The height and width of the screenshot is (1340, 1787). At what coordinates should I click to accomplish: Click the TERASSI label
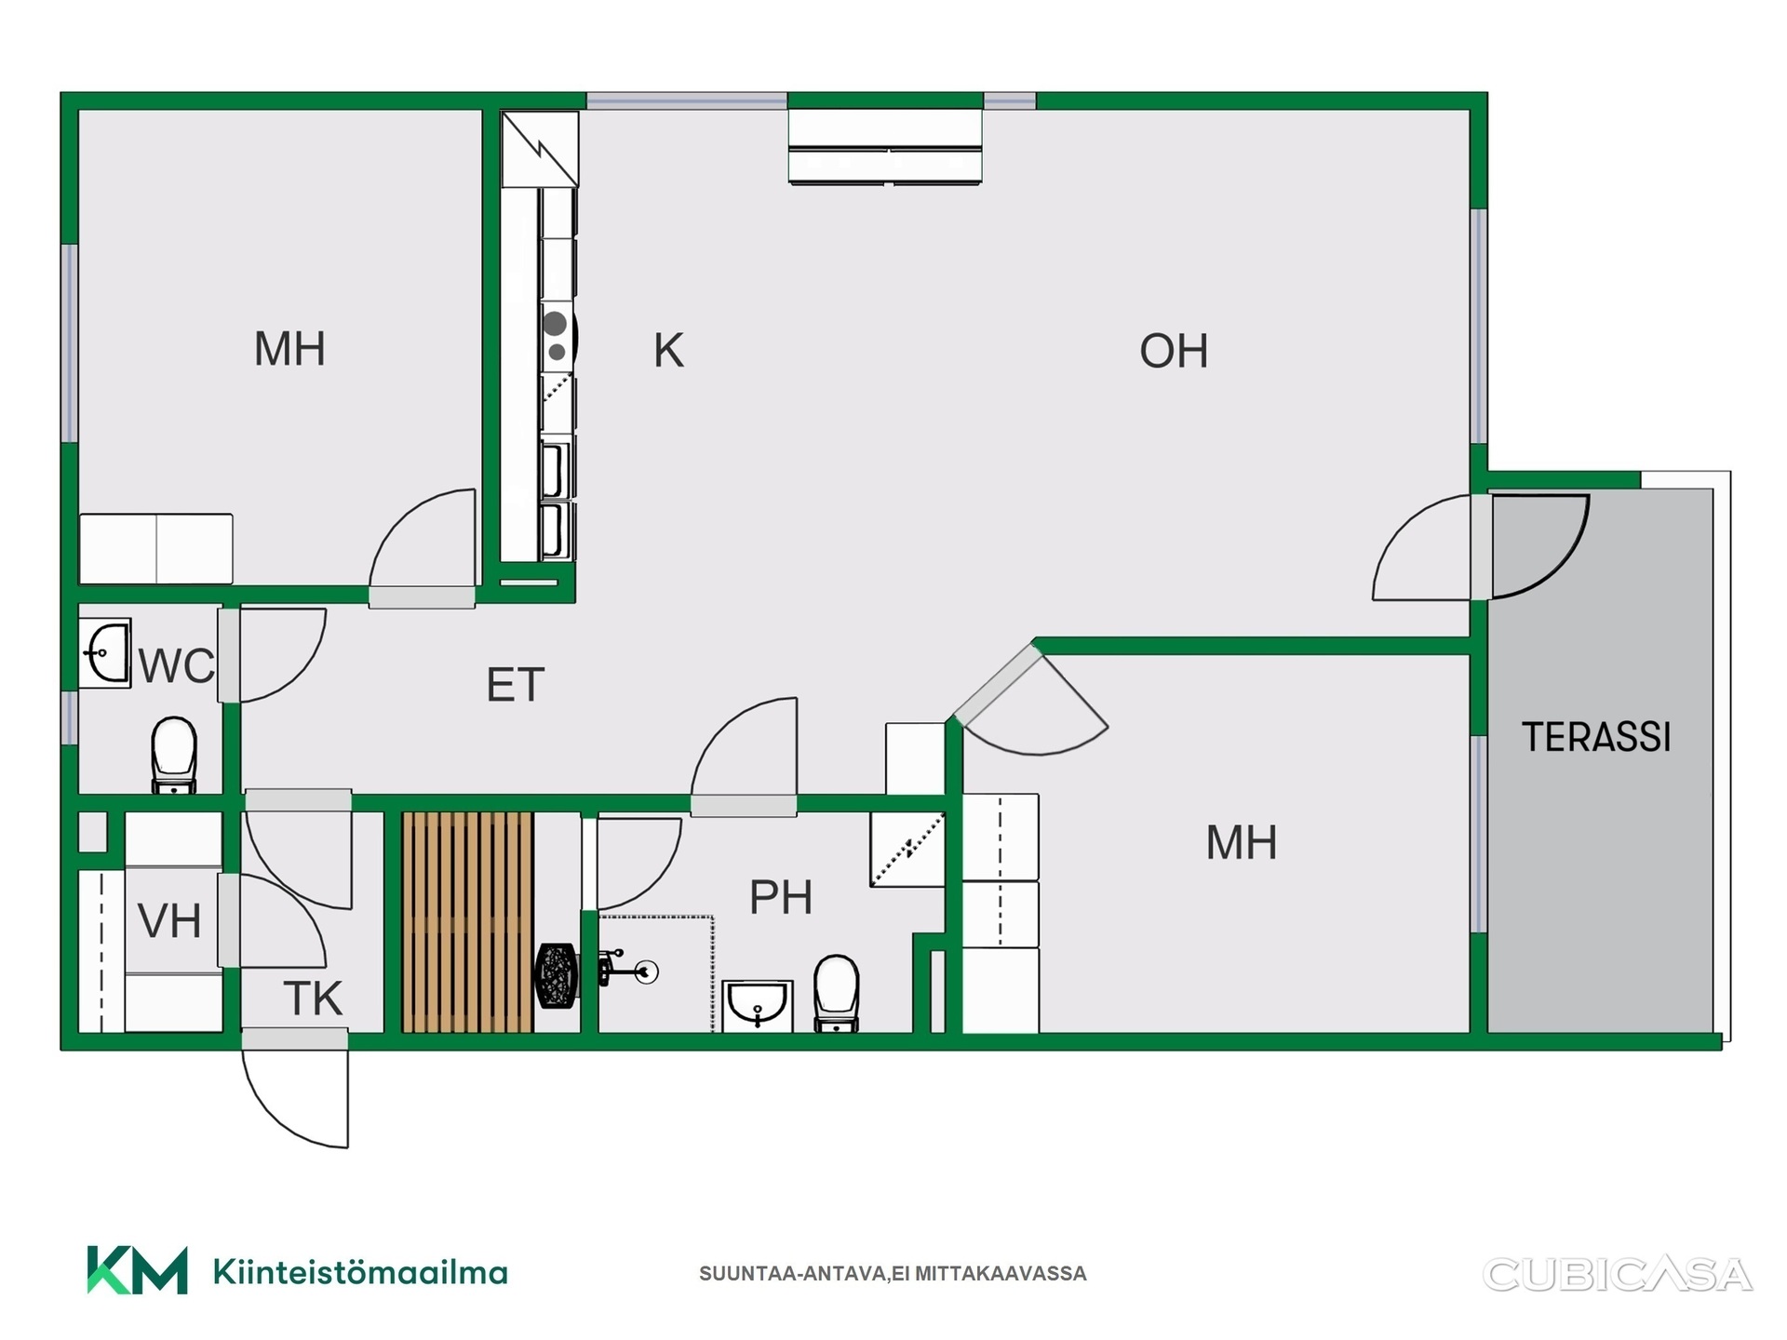1596,737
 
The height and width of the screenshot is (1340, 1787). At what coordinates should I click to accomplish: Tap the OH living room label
1174,352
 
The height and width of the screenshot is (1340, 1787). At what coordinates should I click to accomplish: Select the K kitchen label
668,351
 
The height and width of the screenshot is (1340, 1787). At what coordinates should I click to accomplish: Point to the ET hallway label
515,685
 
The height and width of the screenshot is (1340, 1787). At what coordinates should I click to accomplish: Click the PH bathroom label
781,897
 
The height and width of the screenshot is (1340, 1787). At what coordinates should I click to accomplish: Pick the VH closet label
169,921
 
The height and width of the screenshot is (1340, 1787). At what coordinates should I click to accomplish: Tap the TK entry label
314,998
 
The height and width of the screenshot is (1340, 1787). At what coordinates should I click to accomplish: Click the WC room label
176,666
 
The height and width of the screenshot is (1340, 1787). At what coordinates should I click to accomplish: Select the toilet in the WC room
174,755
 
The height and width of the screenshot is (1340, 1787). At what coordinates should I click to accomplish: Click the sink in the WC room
105,653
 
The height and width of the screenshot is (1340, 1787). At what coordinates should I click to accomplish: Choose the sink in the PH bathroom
758,1006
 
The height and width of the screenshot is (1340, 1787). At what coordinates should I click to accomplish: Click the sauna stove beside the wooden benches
557,975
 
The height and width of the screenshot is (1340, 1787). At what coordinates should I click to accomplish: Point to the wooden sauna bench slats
467,922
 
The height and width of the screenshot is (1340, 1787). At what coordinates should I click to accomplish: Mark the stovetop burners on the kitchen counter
557,337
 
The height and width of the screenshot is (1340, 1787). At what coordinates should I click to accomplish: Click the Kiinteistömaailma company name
360,1272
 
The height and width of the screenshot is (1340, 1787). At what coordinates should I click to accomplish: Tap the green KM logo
137,1270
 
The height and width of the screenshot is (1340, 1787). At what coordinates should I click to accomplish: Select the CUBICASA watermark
1618,1275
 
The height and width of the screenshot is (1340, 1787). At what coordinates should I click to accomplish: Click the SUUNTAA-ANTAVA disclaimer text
893,1274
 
